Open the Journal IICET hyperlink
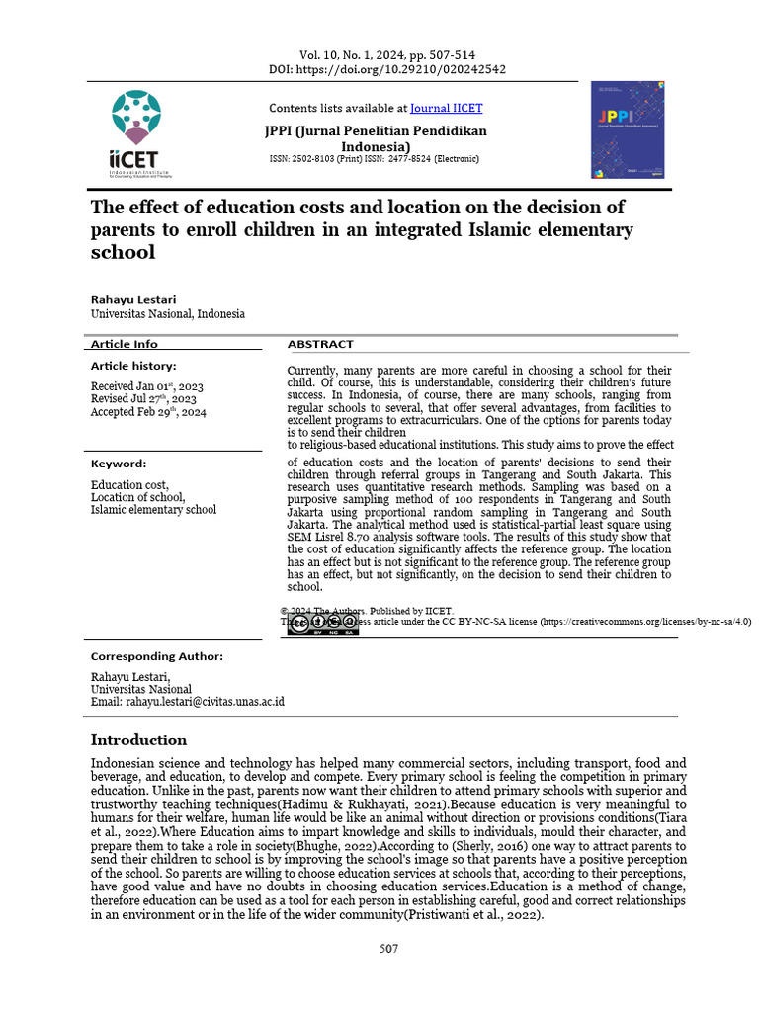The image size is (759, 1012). click(x=446, y=108)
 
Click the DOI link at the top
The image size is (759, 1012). click(x=387, y=70)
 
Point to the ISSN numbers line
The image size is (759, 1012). click(x=374, y=159)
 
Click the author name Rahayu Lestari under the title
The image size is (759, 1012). click(x=135, y=298)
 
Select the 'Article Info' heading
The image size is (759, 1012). click(x=125, y=344)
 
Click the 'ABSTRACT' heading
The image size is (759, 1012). click(x=320, y=344)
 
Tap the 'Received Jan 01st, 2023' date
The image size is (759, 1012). click(x=147, y=386)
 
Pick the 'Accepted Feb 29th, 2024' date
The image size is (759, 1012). click(x=148, y=412)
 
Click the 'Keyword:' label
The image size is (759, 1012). click(x=119, y=464)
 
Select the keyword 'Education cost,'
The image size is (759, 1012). click(x=129, y=485)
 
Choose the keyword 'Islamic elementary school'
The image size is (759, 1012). click(x=153, y=510)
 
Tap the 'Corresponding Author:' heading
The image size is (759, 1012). click(x=157, y=656)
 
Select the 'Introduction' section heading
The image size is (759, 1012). click(x=138, y=740)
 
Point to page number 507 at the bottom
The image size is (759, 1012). click(x=388, y=949)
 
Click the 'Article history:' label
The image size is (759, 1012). click(x=133, y=366)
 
